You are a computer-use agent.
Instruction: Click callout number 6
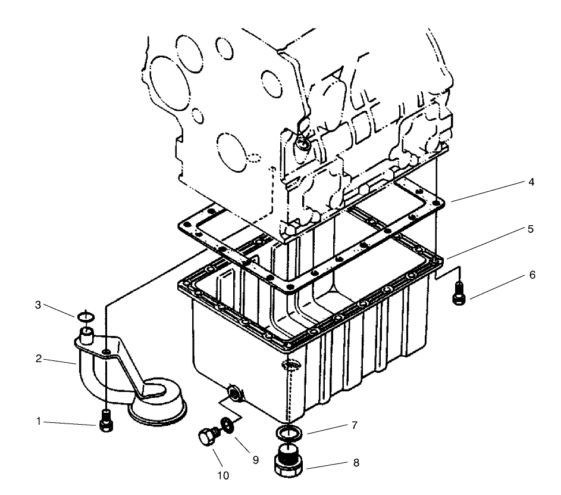point(532,275)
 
